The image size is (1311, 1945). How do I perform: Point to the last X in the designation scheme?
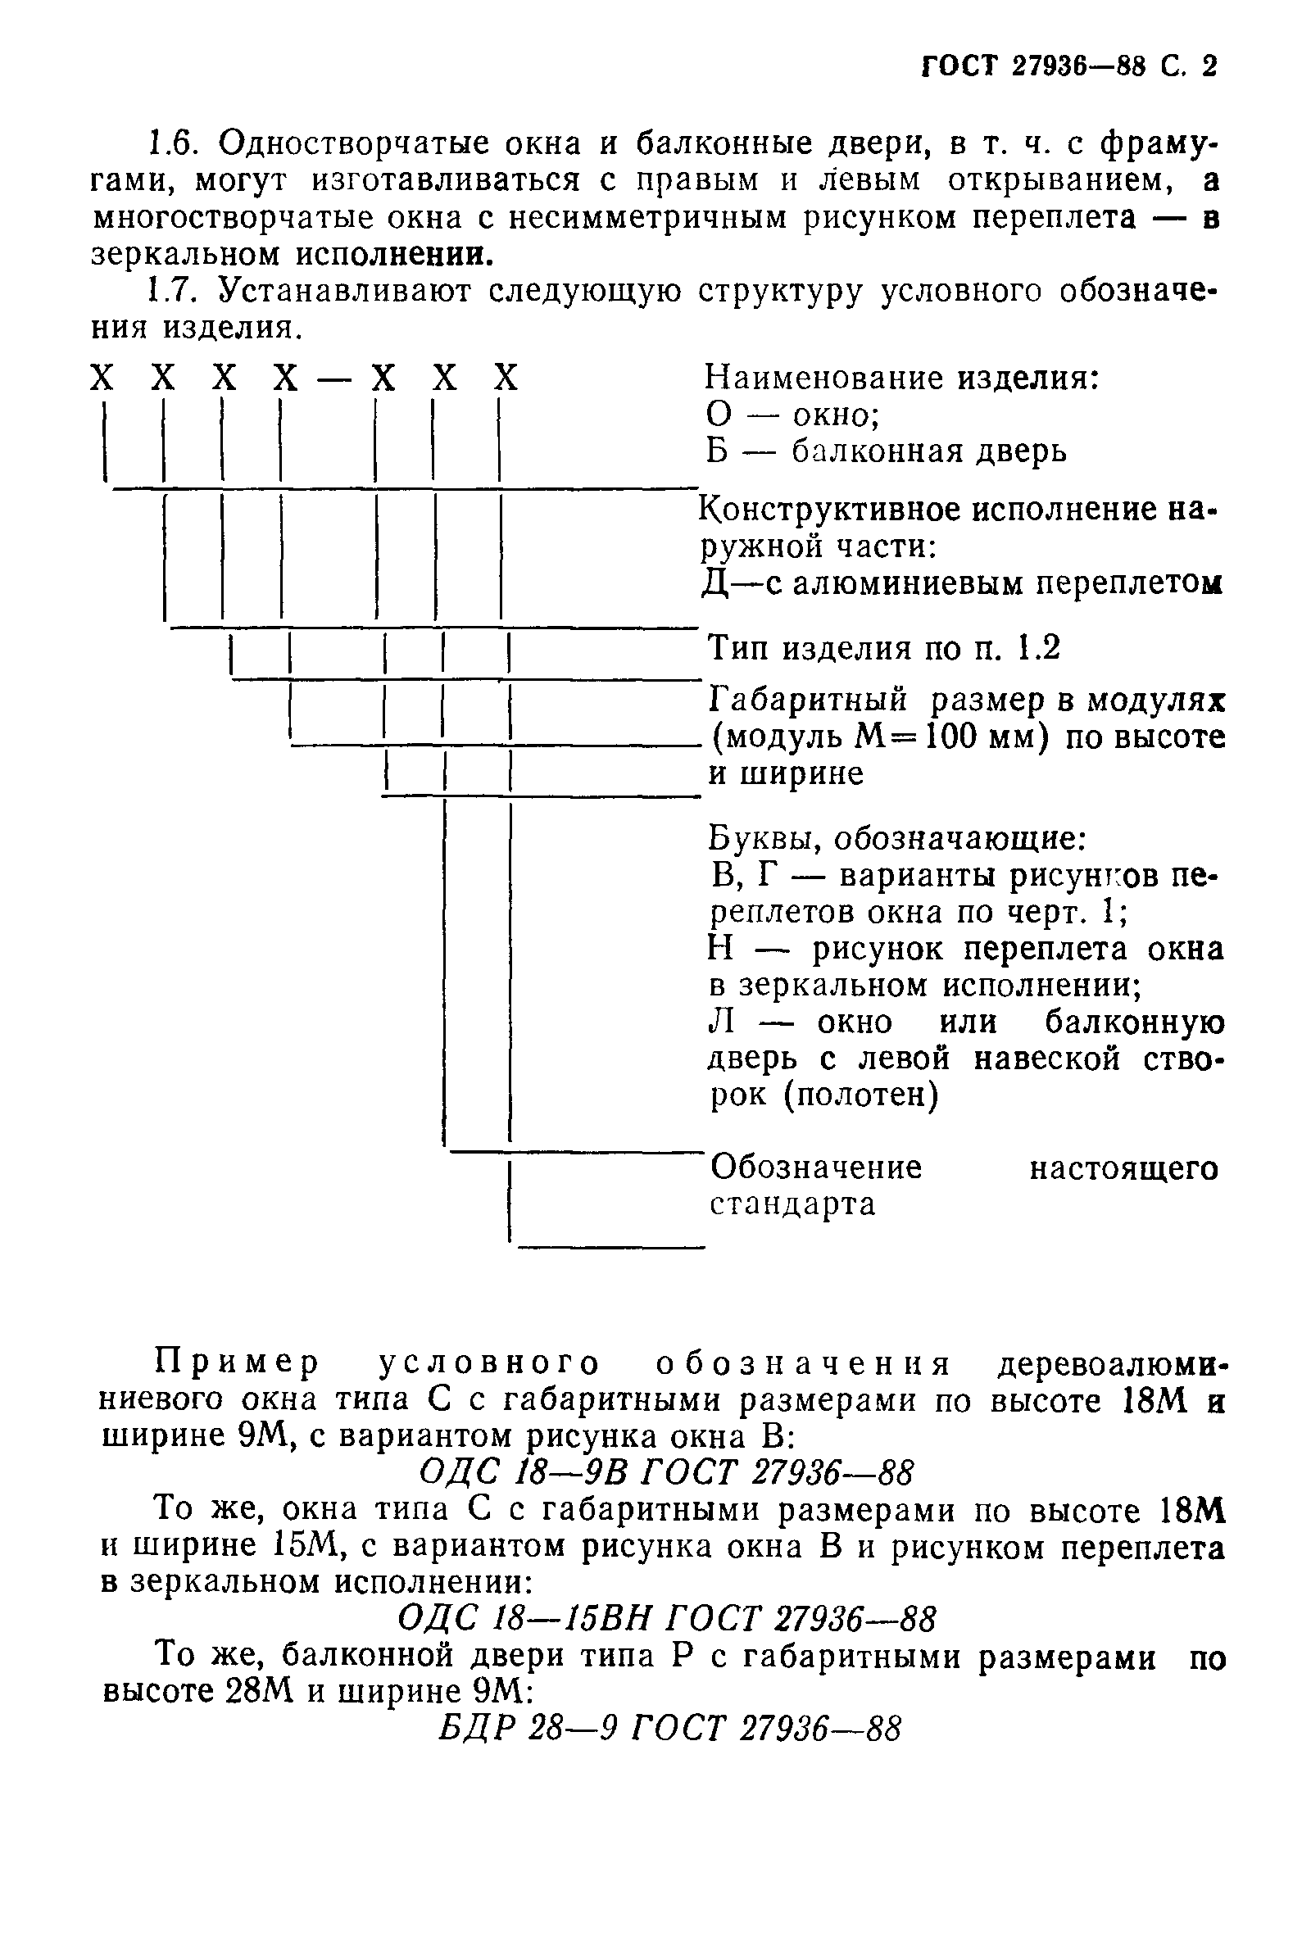pos(506,379)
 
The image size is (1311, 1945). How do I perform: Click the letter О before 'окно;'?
pos(719,415)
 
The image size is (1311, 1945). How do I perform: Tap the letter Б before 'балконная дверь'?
pos(719,451)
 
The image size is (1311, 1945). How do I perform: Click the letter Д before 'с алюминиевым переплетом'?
pos(715,583)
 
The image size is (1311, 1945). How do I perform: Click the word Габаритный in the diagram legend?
pos(808,700)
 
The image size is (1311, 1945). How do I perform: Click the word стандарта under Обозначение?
pos(792,1204)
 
